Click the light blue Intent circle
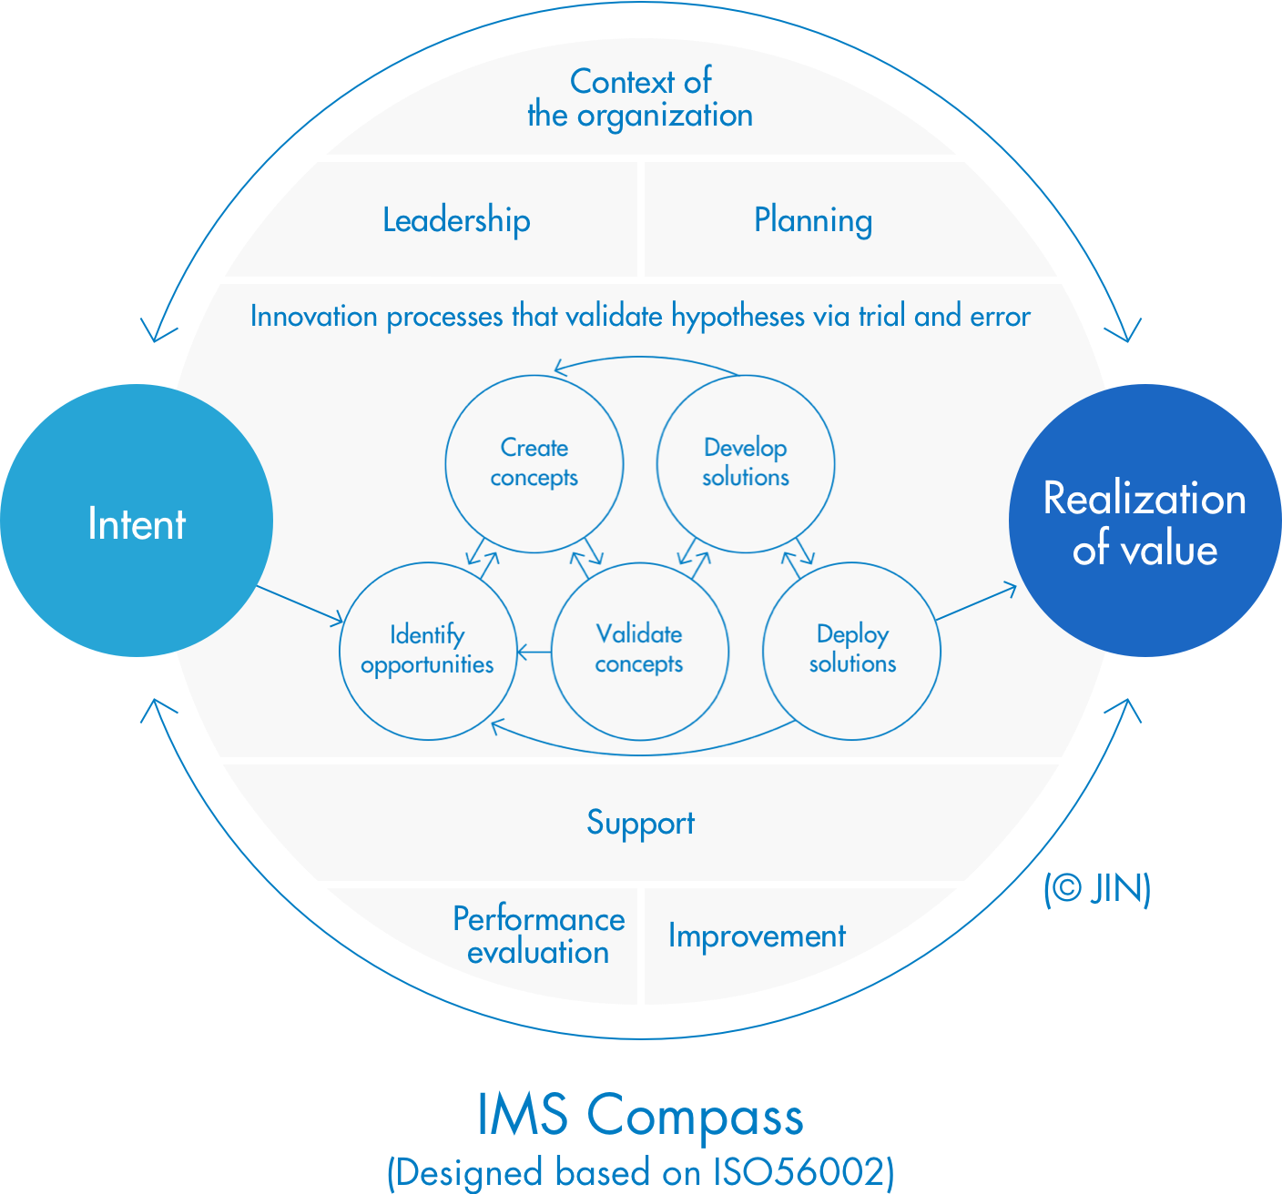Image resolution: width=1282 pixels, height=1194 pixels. click(137, 521)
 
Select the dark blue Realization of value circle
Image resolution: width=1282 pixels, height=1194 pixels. click(1145, 521)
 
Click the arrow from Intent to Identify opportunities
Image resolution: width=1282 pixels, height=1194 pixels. click(300, 605)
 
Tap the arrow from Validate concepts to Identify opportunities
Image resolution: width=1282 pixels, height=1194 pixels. click(534, 652)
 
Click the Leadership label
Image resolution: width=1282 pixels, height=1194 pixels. click(456, 220)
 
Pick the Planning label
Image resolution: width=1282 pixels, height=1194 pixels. click(813, 220)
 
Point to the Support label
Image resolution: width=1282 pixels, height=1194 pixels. click(640, 823)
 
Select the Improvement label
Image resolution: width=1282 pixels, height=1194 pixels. click(757, 936)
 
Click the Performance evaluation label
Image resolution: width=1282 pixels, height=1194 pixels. click(538, 936)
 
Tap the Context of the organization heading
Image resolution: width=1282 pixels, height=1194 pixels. click(640, 98)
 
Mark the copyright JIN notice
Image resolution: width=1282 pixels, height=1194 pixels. click(1097, 889)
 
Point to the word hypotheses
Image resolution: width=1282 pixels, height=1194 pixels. click(738, 317)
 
